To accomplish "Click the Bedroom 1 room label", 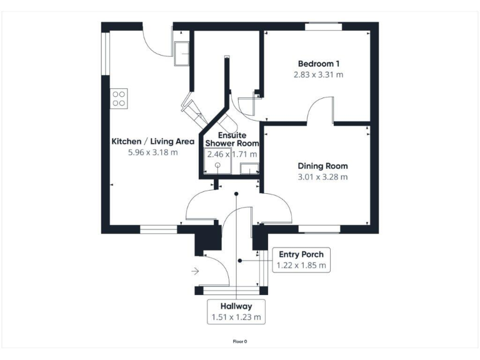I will [319, 64].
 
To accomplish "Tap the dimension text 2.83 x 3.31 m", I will [319, 75].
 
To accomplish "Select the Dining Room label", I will [322, 166].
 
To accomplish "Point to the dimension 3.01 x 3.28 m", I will [322, 177].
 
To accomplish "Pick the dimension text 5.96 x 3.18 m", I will [152, 152].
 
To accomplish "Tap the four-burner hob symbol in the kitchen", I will [119, 98].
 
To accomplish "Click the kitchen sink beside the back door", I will [182, 53].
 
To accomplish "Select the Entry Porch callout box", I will [300, 259].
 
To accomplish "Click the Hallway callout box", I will [236, 312].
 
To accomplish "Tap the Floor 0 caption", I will [240, 341].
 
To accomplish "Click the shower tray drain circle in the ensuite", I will [217, 166].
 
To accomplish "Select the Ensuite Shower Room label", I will [231, 139].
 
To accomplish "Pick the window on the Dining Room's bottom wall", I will [319, 229].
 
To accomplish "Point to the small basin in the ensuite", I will [250, 167].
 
